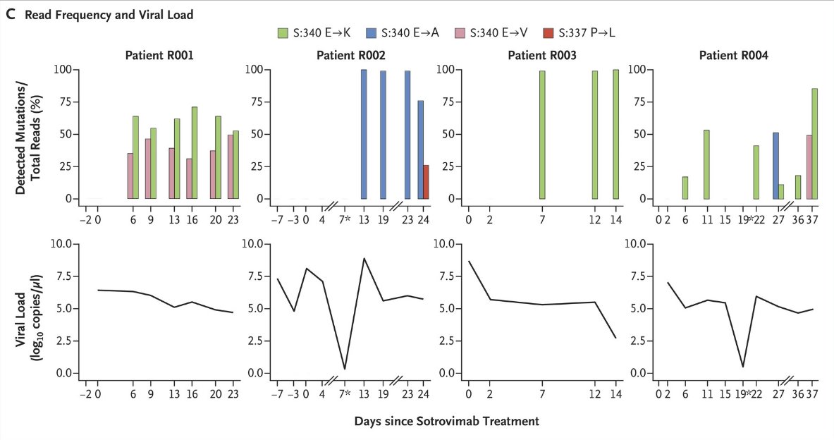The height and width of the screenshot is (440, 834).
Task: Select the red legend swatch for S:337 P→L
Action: [548, 32]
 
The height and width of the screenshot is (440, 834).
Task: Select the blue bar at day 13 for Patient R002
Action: [364, 134]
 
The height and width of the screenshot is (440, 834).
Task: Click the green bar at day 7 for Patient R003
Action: [542, 135]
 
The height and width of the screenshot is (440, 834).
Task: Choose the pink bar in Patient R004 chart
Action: [809, 167]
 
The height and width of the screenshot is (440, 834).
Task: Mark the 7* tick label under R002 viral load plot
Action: [345, 392]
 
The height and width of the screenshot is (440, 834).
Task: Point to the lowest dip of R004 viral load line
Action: [744, 367]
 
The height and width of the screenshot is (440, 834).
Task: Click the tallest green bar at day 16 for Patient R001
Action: [194, 153]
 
